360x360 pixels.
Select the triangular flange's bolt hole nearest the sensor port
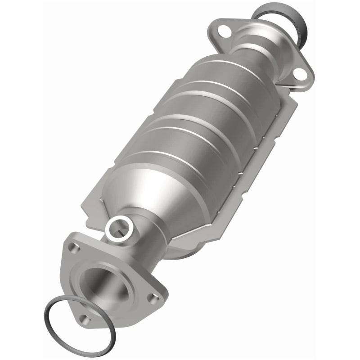[x=72, y=247]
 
